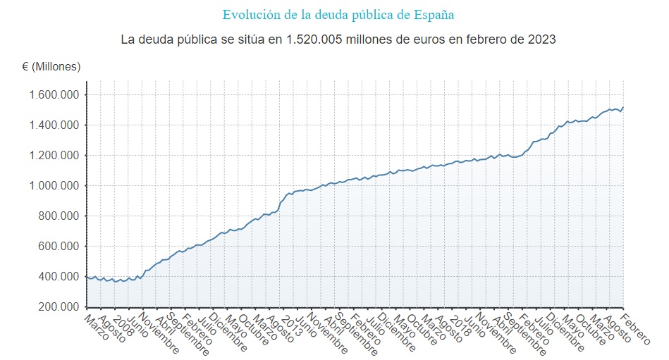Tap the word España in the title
[x=436, y=15]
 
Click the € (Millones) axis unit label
[x=51, y=67]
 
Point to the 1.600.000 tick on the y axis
[x=54, y=95]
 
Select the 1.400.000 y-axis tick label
[x=54, y=125]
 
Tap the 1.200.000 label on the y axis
[x=54, y=156]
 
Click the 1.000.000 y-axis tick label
[x=54, y=186]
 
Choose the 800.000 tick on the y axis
[x=58, y=216]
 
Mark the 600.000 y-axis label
[x=58, y=247]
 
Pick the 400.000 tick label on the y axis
[x=58, y=277]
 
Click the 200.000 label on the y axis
[x=58, y=307]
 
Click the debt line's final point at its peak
[x=623, y=107]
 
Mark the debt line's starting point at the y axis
[x=87, y=276]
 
